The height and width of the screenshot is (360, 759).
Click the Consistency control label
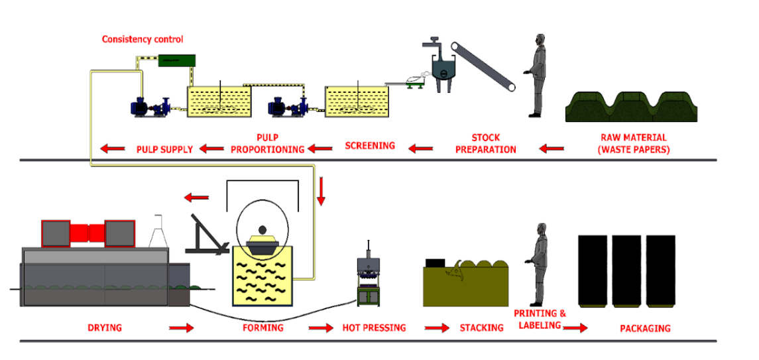click(x=143, y=40)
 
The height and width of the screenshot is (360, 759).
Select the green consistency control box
click(x=176, y=60)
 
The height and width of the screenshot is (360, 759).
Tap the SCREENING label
click(x=370, y=145)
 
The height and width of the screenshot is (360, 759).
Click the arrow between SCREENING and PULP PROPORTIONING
click(x=325, y=149)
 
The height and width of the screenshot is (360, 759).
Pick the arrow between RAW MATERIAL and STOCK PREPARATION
click(x=552, y=149)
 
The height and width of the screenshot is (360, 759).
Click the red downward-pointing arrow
click(x=321, y=191)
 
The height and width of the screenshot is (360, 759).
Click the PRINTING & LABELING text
click(x=540, y=319)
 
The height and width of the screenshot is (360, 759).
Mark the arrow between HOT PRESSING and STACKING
click(x=437, y=328)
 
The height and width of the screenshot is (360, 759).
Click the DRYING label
click(x=105, y=328)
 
